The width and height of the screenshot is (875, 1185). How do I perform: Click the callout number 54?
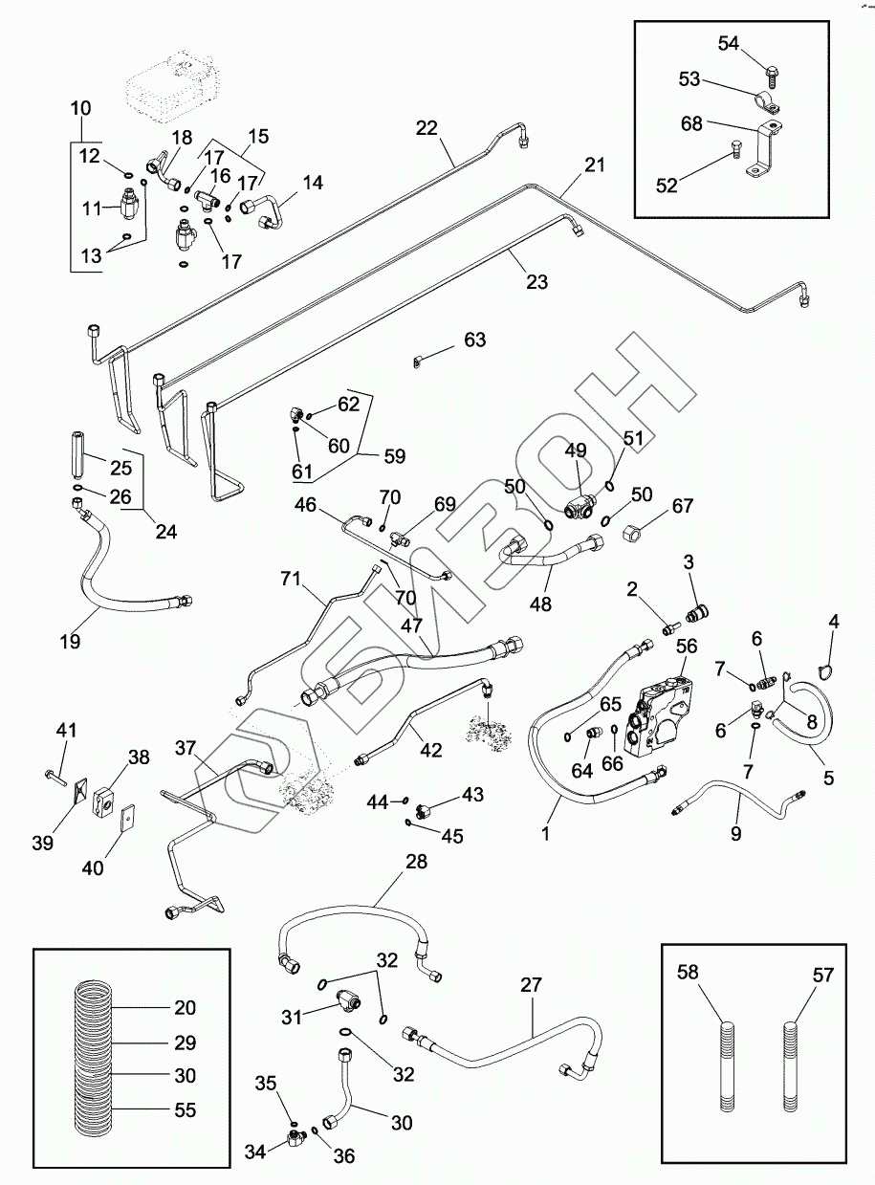coord(729,44)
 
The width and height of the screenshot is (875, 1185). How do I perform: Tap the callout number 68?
coord(692,124)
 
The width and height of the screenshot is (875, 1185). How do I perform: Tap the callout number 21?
coord(595,166)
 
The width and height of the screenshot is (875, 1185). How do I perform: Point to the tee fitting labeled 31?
coord(348,1001)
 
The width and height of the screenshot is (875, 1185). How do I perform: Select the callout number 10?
coord(81,109)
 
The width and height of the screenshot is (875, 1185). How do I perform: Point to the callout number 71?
coord(291,578)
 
